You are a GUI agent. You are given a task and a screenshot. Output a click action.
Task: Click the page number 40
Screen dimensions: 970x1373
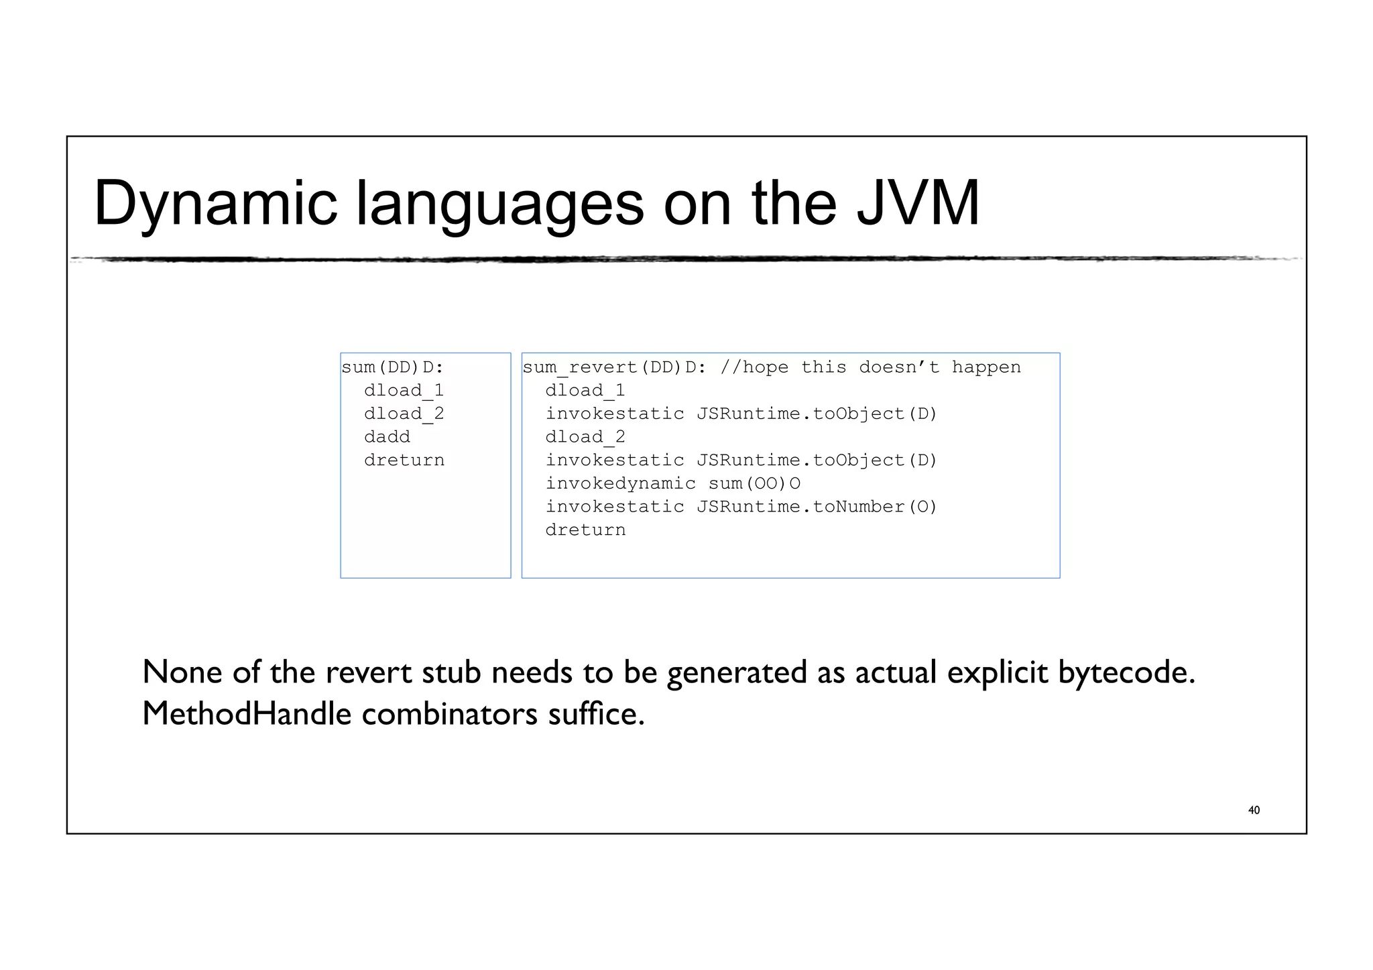(1254, 810)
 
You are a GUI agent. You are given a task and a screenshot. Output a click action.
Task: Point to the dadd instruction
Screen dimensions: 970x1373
(387, 437)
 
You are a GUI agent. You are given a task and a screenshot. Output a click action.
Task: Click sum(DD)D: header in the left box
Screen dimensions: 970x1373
(392, 367)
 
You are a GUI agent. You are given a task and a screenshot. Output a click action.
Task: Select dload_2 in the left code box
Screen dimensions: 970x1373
(404, 414)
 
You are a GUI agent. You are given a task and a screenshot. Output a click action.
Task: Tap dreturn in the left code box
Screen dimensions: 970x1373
(404, 461)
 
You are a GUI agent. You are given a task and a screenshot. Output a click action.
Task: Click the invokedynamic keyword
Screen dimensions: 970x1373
(620, 484)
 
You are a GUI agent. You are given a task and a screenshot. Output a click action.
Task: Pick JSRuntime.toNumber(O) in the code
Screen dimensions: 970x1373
(817, 507)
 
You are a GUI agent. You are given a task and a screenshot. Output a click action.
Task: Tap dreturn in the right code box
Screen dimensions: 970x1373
(585, 530)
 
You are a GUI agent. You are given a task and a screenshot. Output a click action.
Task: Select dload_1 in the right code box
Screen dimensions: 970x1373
(585, 391)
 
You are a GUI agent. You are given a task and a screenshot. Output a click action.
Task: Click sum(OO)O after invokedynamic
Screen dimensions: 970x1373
(754, 484)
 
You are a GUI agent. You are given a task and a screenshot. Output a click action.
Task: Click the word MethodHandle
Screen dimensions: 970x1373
(247, 713)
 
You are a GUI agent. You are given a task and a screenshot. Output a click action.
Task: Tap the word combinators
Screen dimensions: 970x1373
(449, 713)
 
